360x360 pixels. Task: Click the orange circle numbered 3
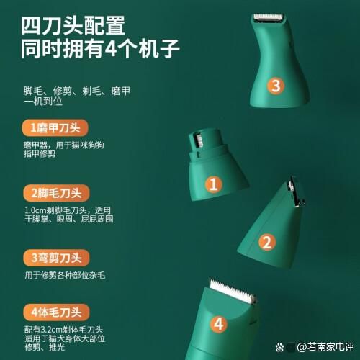coord(276,86)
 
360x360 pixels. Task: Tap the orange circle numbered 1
coord(214,184)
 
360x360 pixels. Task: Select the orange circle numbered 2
coord(266,242)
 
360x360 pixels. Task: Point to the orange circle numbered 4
coord(219,324)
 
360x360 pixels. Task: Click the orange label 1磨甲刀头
coord(55,127)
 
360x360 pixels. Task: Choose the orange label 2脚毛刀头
coord(56,193)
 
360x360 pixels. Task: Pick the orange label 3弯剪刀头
coord(56,258)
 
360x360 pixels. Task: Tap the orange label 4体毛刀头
coord(56,312)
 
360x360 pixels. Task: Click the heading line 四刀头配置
coord(73,25)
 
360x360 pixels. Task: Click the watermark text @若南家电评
coord(325,347)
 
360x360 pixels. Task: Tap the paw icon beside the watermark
coord(279,347)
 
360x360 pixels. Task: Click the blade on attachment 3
coord(269,17)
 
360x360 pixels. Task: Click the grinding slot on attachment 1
coord(198,140)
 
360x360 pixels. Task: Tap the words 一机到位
coord(43,101)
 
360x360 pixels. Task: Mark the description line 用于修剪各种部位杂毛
coord(65,275)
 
